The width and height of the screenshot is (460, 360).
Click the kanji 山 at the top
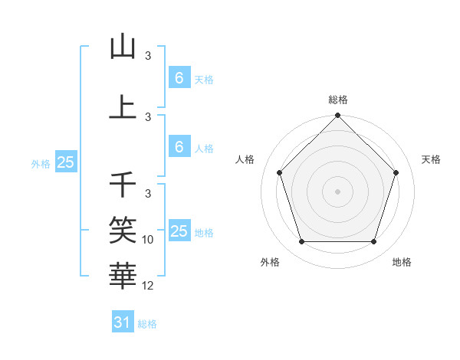[x=123, y=47]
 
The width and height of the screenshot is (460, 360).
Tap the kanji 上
[x=123, y=106]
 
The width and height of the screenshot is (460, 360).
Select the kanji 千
[x=123, y=184]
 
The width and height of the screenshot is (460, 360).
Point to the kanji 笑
[x=123, y=227]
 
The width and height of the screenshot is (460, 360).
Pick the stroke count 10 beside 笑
[x=149, y=240]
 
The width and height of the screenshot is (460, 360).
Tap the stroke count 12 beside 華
[x=149, y=286]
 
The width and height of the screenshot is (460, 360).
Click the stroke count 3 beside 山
[x=149, y=56]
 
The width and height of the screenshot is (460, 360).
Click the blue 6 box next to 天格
[x=179, y=77]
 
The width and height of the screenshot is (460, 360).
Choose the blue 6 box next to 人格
[x=179, y=147]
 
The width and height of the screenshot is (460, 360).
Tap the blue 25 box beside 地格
[x=179, y=231]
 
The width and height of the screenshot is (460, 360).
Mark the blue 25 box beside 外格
[x=65, y=162]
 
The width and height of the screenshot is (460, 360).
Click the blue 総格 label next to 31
[x=147, y=324]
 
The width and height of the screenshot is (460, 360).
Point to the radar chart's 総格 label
[x=337, y=100]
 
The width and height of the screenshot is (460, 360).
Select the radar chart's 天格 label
[x=431, y=159]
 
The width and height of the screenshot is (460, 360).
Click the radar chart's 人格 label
[x=245, y=159]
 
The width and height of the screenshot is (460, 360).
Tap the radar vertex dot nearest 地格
[x=373, y=242]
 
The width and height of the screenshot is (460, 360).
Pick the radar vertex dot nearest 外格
[x=301, y=242]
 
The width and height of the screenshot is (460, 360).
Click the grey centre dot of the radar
[x=337, y=191]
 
